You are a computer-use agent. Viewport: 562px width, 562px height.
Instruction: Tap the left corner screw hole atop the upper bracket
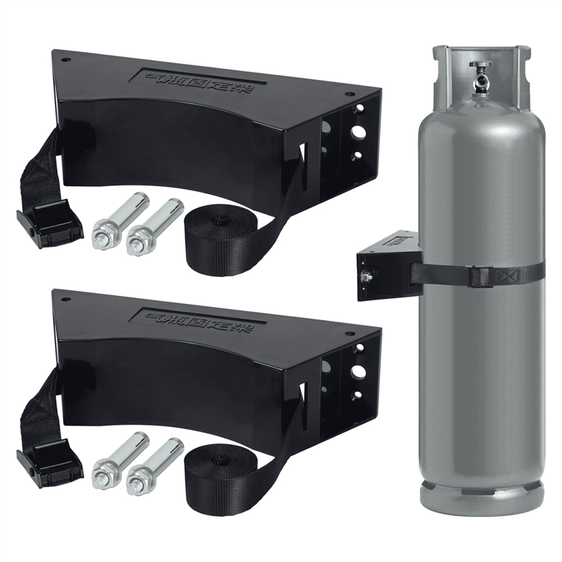click(x=65, y=60)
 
